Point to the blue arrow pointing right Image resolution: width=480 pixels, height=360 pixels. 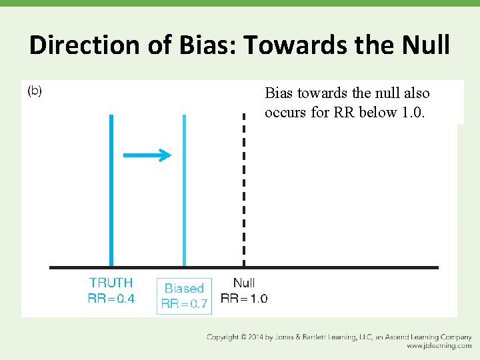tap(147, 155)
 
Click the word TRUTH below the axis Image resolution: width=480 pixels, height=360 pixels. tap(111, 283)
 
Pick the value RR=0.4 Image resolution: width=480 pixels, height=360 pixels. tap(111, 298)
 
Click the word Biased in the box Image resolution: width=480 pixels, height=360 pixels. tap(184, 289)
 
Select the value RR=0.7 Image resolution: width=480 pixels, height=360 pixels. tap(184, 305)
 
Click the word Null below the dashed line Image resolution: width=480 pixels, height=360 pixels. tap(244, 283)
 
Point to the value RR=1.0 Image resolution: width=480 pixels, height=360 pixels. tap(244, 298)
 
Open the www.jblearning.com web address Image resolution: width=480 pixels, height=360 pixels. tap(439, 346)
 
